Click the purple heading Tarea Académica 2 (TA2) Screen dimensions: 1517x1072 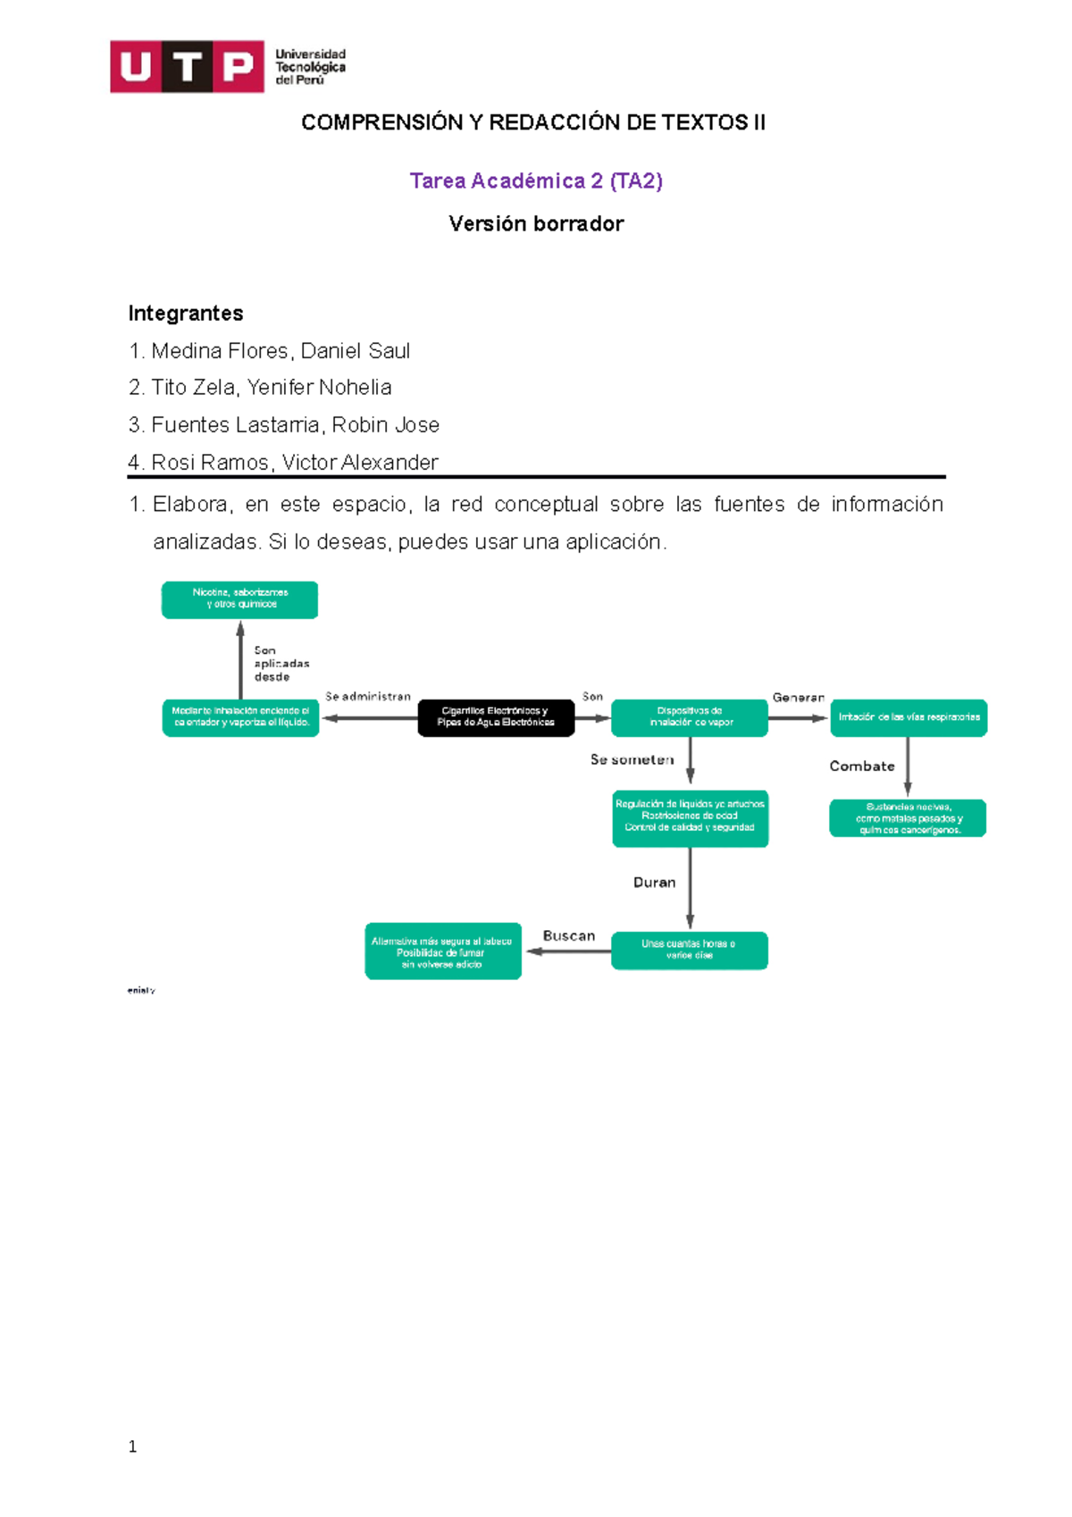pyautogui.click(x=536, y=181)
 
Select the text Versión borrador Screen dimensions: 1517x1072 pyautogui.click(x=536, y=223)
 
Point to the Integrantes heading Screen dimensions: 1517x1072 pyautogui.click(x=186, y=314)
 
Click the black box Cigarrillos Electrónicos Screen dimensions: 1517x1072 pyautogui.click(x=496, y=717)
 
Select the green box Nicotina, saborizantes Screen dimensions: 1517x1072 pyautogui.click(x=239, y=599)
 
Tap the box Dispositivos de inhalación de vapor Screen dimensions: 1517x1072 pyautogui.click(x=690, y=717)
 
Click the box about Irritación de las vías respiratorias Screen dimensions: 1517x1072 pyautogui.click(x=909, y=717)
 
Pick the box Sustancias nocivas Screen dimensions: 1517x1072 pyautogui.click(x=908, y=818)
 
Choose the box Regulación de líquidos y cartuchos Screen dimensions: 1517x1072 pyautogui.click(x=690, y=817)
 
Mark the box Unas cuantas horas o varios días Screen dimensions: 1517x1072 pyautogui.click(x=690, y=950)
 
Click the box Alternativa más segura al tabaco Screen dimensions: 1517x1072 pyautogui.click(x=443, y=951)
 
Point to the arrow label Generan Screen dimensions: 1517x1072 pyautogui.click(x=799, y=697)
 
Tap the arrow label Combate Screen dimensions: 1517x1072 pyautogui.click(x=861, y=766)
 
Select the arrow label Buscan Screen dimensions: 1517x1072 pyautogui.click(x=569, y=935)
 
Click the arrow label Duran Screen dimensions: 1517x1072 pyautogui.click(x=654, y=882)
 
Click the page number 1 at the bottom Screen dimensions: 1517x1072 pyautogui.click(x=133, y=1446)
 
